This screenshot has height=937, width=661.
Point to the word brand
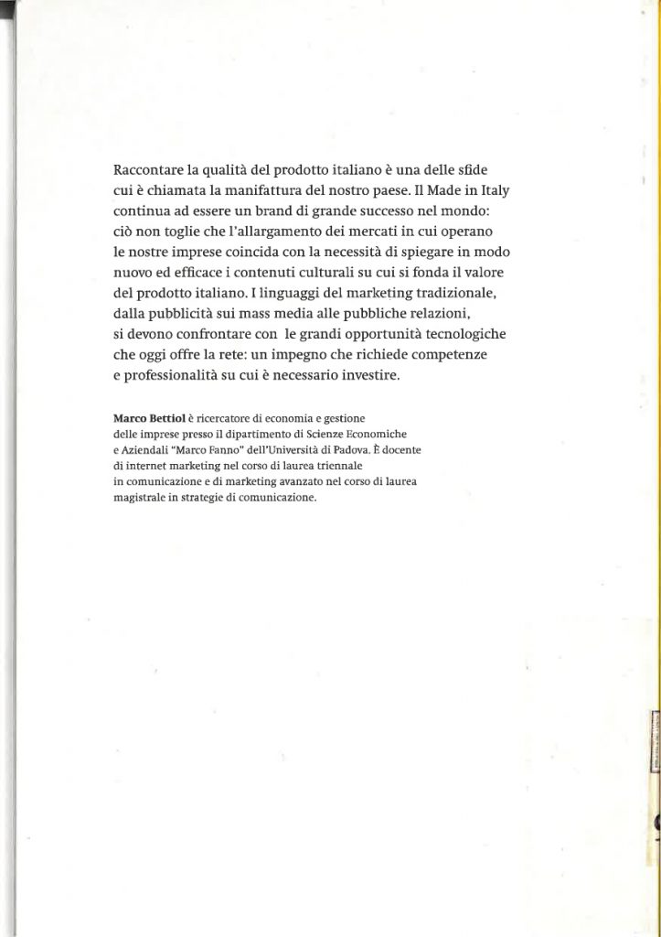(273, 213)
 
